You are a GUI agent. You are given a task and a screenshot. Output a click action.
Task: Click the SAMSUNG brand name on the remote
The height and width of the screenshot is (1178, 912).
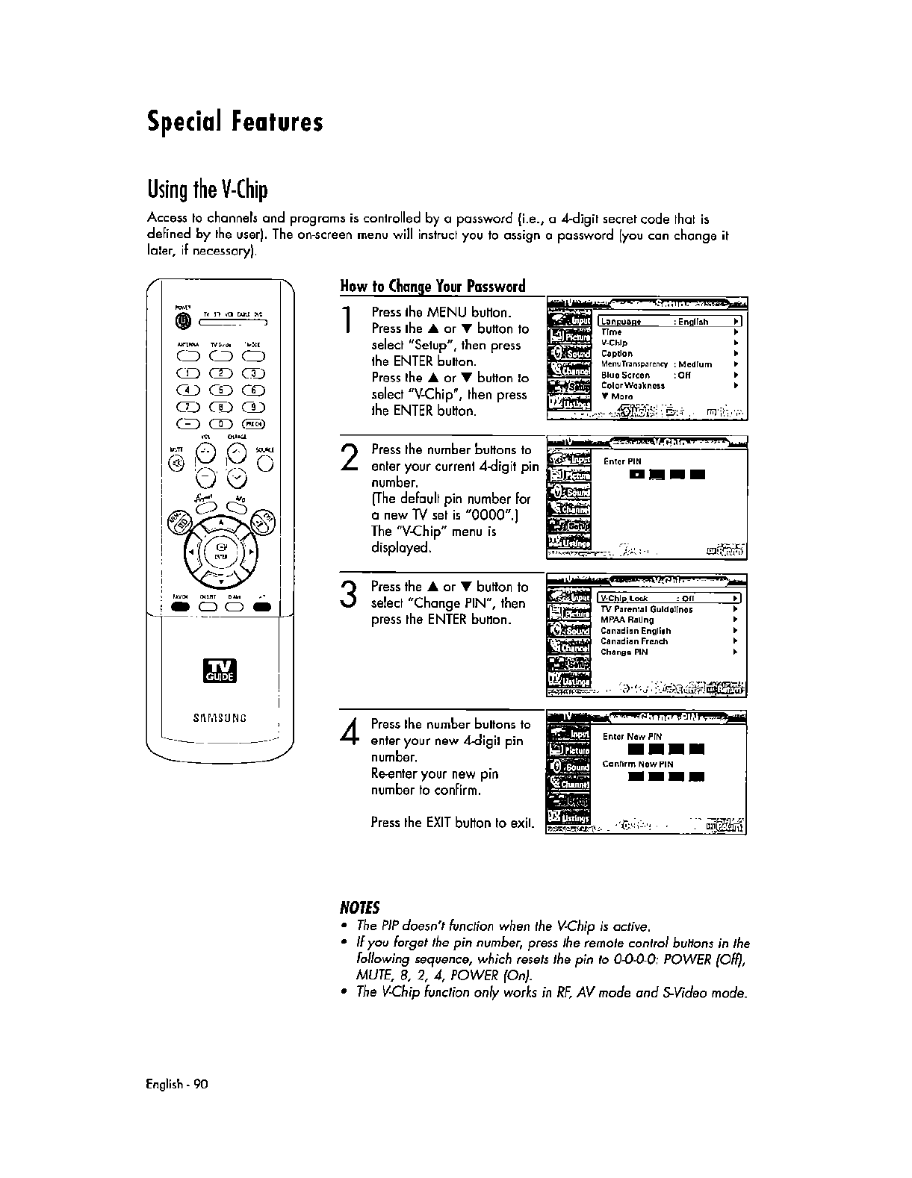(x=220, y=718)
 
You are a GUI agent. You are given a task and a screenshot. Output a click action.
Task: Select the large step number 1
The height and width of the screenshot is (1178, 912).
(x=346, y=320)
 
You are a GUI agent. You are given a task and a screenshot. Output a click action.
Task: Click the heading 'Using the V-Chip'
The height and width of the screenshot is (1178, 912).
(x=207, y=190)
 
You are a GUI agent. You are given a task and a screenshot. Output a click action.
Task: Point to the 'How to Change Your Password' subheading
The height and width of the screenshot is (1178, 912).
(x=432, y=286)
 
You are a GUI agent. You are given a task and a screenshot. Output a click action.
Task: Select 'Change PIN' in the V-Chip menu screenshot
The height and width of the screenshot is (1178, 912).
(x=624, y=652)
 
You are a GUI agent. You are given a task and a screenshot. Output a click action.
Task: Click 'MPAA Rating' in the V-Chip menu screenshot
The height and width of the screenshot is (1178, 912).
(x=627, y=620)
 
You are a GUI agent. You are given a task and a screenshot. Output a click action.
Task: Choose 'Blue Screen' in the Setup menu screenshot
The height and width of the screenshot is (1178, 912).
(x=625, y=375)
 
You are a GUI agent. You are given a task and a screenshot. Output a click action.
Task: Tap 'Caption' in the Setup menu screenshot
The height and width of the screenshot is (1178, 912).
(x=617, y=354)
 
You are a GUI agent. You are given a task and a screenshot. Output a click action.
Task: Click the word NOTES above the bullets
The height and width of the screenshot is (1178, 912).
(x=360, y=908)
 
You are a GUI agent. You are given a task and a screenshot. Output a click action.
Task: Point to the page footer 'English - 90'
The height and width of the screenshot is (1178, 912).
(x=177, y=1084)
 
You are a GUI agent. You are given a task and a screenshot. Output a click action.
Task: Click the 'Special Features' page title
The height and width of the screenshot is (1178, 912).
(x=235, y=122)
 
